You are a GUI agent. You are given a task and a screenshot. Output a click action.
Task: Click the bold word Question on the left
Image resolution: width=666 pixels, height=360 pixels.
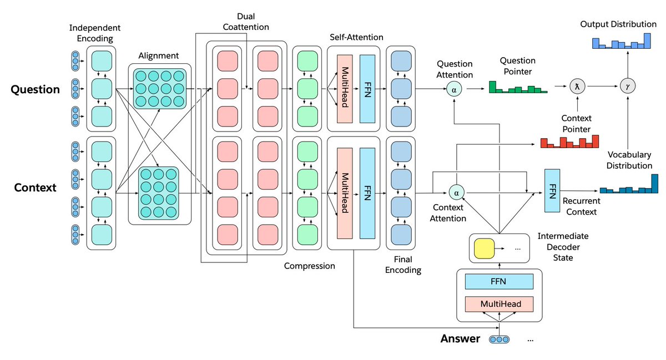pos(36,89)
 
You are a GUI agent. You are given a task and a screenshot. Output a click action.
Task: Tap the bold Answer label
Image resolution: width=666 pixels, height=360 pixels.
pos(460,338)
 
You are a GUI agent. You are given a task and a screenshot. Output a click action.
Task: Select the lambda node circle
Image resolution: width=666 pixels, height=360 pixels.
pos(577,86)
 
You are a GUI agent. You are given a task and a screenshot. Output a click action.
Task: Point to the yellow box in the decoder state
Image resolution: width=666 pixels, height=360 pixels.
pos(483,249)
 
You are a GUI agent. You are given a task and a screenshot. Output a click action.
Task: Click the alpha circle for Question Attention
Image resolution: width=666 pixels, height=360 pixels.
pos(455,89)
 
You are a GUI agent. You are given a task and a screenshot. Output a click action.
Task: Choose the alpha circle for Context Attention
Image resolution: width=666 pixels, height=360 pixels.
pos(456,193)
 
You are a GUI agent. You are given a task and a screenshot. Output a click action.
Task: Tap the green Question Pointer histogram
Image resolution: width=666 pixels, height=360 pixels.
pos(517,87)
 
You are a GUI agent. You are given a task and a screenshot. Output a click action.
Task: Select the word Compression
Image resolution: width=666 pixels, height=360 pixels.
pos(310,266)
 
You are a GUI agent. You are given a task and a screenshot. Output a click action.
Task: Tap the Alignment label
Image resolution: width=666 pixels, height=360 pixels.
pos(159,55)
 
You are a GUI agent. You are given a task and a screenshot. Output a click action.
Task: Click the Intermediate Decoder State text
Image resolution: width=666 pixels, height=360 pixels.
pos(563,246)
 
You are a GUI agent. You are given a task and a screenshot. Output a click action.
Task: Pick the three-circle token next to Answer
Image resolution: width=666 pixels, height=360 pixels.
pos(498,339)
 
